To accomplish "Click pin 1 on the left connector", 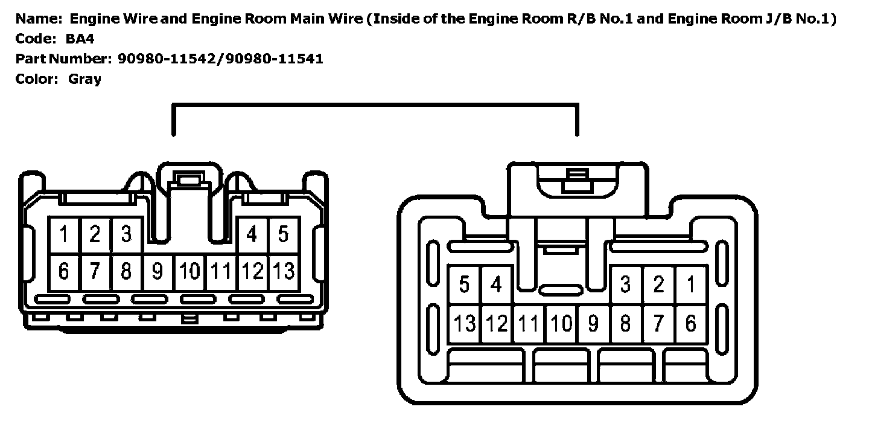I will pos(64,234).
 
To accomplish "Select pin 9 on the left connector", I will pos(158,272).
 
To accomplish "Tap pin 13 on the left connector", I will pos(284,272).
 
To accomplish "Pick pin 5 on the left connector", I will pos(284,234).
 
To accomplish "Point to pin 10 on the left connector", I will pos(189,272).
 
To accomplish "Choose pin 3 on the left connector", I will pos(126,234).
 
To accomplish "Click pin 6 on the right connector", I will pos(690,324).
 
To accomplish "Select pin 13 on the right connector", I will pos(465,324).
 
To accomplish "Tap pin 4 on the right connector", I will pos(496,284).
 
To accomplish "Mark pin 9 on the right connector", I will pos(593,324).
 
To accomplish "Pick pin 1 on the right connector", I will pos(690,284).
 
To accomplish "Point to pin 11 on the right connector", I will pos(529,324).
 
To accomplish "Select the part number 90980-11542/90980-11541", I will pos(220,59).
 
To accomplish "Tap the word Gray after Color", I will pos(84,79).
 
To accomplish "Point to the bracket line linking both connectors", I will pos(374,106).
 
